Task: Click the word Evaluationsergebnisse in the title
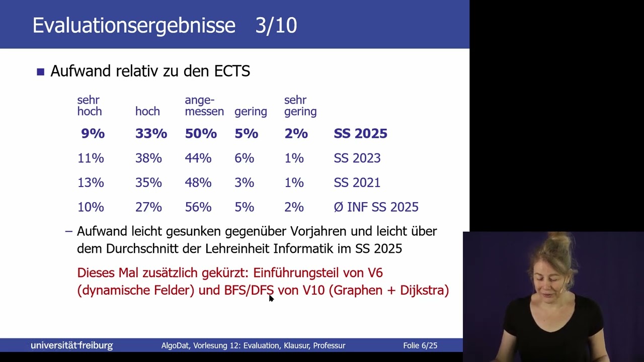[134, 25]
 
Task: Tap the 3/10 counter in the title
[276, 25]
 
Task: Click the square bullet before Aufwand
[41, 72]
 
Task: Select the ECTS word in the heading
[232, 71]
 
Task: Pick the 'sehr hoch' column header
[90, 106]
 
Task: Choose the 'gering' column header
[251, 112]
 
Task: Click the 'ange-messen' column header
[204, 106]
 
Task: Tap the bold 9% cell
[93, 134]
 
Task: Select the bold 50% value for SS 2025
[201, 134]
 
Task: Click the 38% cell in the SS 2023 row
[148, 158]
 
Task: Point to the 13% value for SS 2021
[91, 183]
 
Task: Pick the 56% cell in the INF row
[198, 207]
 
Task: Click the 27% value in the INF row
[148, 207]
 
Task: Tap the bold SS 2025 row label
[360, 134]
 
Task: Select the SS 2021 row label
[357, 183]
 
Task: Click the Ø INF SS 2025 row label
[376, 207]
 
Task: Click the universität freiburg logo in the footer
[72, 345]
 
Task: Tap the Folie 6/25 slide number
[420, 345]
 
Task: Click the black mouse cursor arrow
[271, 298]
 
